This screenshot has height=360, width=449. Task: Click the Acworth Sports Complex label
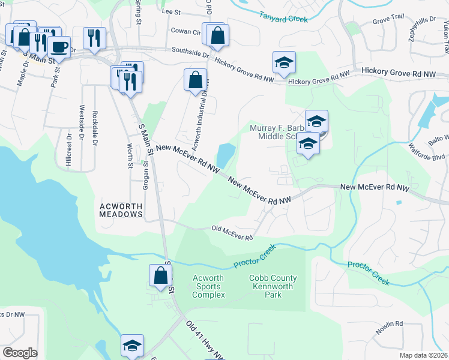click(x=208, y=286)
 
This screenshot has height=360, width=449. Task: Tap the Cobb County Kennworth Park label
click(x=273, y=286)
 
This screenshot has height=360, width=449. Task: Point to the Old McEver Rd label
click(x=232, y=233)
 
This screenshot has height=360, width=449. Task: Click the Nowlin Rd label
click(x=390, y=328)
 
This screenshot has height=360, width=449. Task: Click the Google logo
click(x=20, y=352)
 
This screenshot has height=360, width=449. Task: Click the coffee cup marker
click(x=59, y=46)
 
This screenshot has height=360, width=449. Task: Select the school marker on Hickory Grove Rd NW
click(x=285, y=62)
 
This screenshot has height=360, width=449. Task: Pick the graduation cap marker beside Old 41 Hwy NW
click(x=132, y=345)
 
